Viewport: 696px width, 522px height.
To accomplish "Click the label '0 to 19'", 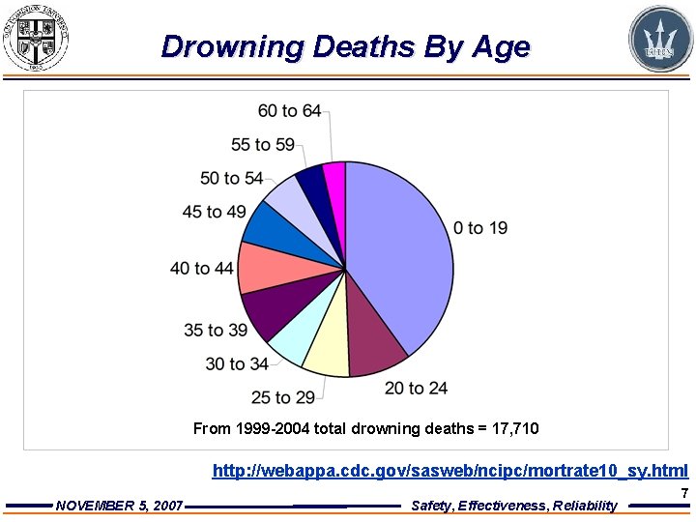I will pyautogui.click(x=480, y=228).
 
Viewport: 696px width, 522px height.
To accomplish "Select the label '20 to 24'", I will pyautogui.click(x=416, y=388).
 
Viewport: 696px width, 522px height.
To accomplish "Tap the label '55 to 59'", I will pyautogui.click(x=263, y=145).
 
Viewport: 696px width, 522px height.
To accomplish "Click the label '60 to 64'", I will pyautogui.click(x=289, y=111).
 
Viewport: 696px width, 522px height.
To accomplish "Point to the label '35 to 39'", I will pyautogui.click(x=216, y=331).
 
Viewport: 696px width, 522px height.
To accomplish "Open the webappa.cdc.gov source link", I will pyautogui.click(x=449, y=471).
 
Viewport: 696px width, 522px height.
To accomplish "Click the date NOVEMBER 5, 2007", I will pyautogui.click(x=120, y=506).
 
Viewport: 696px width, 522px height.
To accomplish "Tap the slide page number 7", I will pyautogui.click(x=684, y=493).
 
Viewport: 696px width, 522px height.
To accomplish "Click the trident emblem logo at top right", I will pyautogui.click(x=661, y=39).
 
